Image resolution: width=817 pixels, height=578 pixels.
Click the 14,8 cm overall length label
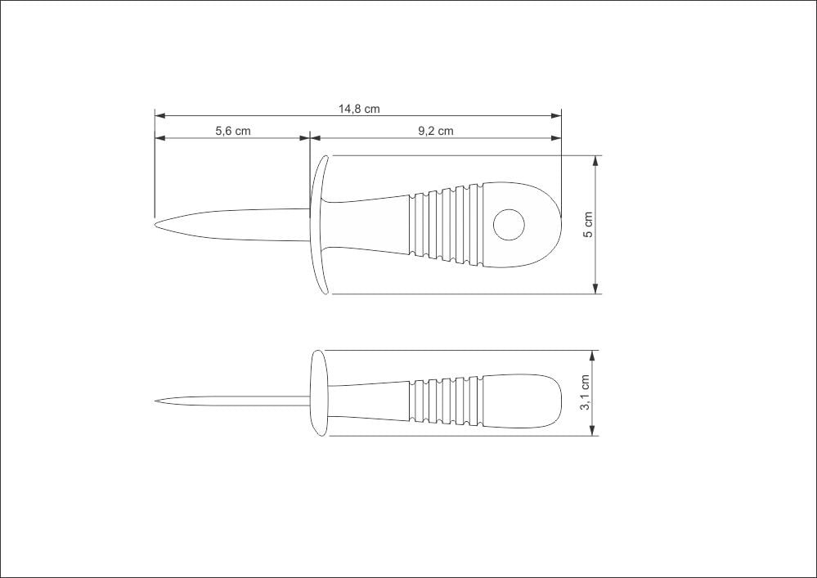pyautogui.click(x=359, y=109)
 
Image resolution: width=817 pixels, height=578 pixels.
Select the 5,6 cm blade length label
pyautogui.click(x=233, y=131)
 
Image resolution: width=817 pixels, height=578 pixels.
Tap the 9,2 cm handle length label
pyautogui.click(x=436, y=131)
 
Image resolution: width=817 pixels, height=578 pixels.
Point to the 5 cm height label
pyautogui.click(x=588, y=225)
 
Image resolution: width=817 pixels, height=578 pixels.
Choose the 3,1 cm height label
pyautogui.click(x=585, y=392)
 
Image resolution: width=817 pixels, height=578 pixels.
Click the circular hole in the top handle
pyautogui.click(x=509, y=225)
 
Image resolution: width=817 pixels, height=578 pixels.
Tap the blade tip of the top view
pyautogui.click(x=155, y=225)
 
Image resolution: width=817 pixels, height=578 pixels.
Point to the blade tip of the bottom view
pyautogui.click(x=155, y=401)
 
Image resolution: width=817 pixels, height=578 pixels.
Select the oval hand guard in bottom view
pyautogui.click(x=320, y=393)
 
